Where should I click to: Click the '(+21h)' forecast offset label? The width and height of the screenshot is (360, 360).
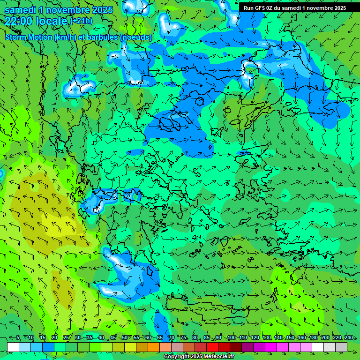pyautogui.click(x=81, y=21)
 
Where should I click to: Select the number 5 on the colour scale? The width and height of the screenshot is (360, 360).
pyautogui.click(x=18, y=338)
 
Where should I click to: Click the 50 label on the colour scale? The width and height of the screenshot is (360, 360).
pyautogui.click(x=124, y=338)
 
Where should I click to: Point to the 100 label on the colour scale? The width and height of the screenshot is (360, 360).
pyautogui.click(x=231, y=338)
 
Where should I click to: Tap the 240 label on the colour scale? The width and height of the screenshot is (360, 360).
pyautogui.click(x=349, y=338)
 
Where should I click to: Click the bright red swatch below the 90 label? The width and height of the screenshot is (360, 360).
pyautogui.click(x=212, y=347)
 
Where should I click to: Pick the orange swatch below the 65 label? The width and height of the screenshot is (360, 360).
pyautogui.click(x=154, y=347)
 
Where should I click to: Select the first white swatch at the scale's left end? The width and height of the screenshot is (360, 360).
pyautogui.click(x=13, y=347)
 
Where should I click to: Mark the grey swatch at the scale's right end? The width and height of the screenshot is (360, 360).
pyautogui.click(x=341, y=347)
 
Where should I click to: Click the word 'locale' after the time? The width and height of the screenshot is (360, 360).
pyautogui.click(x=51, y=21)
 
